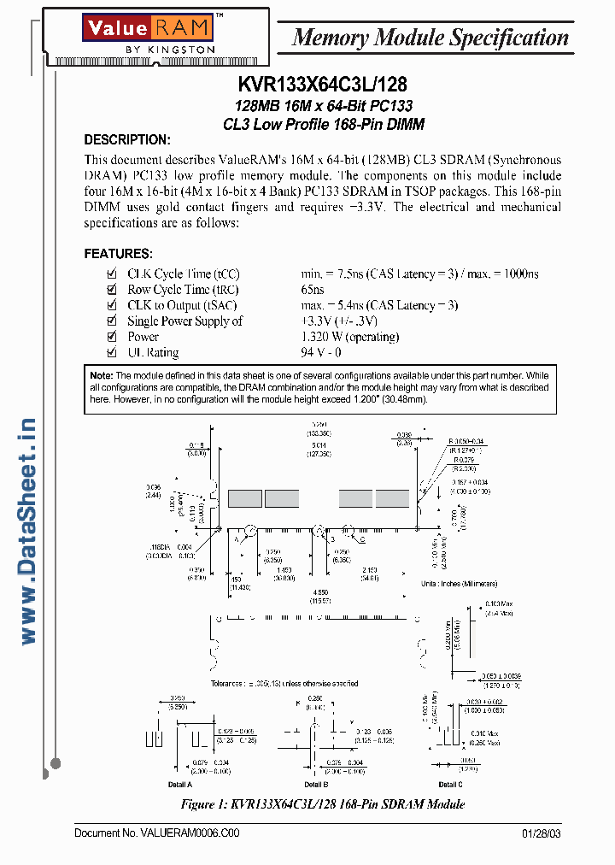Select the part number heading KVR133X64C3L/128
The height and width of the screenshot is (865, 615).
pos(322,85)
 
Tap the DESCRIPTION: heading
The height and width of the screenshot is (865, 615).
pos(127,140)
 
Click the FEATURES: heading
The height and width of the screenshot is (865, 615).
pos(118,254)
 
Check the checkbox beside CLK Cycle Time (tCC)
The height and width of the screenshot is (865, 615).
pos(110,274)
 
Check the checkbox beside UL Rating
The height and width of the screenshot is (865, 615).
pos(110,353)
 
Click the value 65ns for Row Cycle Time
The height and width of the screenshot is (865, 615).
pos(313,290)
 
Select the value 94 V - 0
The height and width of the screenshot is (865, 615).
pos(320,353)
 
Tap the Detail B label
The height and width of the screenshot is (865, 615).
pos(314,784)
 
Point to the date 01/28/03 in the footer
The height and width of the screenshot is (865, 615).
pos(542,833)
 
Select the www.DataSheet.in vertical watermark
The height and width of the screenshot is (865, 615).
pos(26,531)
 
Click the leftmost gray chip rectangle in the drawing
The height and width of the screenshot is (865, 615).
pos(244,498)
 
